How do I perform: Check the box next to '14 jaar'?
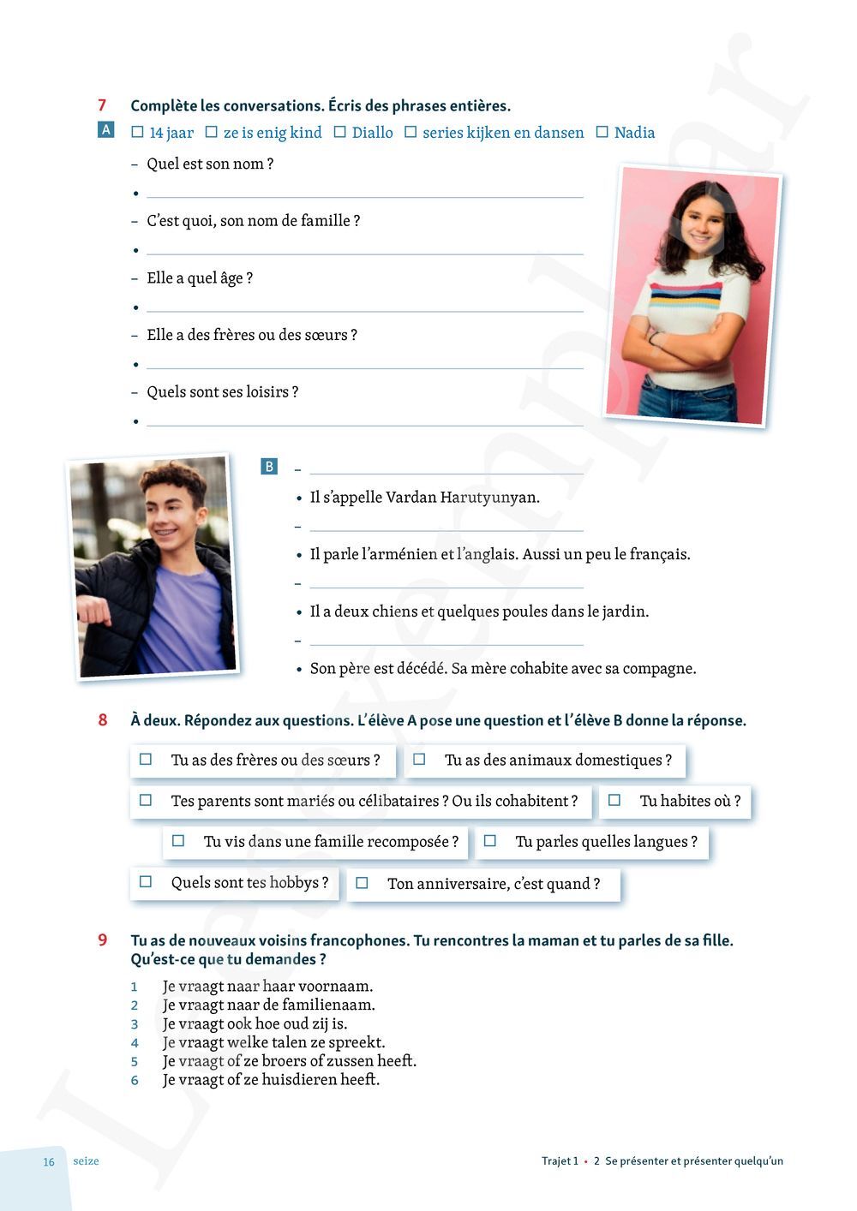coord(137,133)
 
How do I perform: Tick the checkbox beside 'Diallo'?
coord(339,133)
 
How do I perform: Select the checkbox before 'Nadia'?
coord(602,133)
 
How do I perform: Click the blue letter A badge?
coord(106,130)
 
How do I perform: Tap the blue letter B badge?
coord(269,467)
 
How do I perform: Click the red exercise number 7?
coord(102,105)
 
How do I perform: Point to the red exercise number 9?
coord(102,940)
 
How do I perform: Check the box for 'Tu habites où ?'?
coord(614,801)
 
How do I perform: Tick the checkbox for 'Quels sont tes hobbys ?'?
coord(146,882)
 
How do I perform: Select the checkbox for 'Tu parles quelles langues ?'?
coord(490,842)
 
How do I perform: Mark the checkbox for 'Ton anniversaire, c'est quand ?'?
coord(362,883)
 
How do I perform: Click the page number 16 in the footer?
coord(49,1162)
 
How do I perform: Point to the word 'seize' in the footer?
coord(86,1161)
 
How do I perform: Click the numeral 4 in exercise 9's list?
coord(135,1043)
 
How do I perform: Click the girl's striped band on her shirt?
coord(685,296)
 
